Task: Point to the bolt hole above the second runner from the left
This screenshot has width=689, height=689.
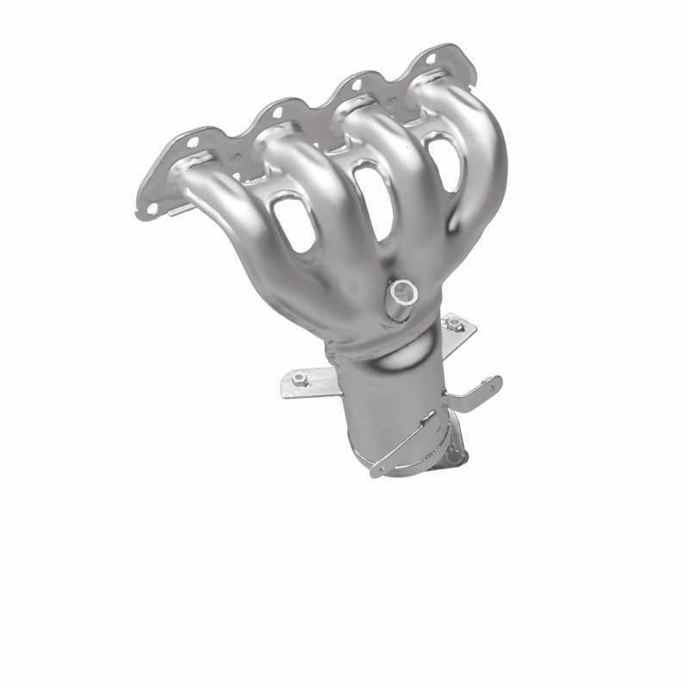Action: pyautogui.click(x=275, y=111)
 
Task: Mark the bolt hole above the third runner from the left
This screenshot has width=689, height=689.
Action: pyautogui.click(x=353, y=84)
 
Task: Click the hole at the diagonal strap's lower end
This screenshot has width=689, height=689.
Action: pyautogui.click(x=377, y=469)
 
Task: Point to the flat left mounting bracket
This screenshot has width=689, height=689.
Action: pyautogui.click(x=310, y=386)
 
